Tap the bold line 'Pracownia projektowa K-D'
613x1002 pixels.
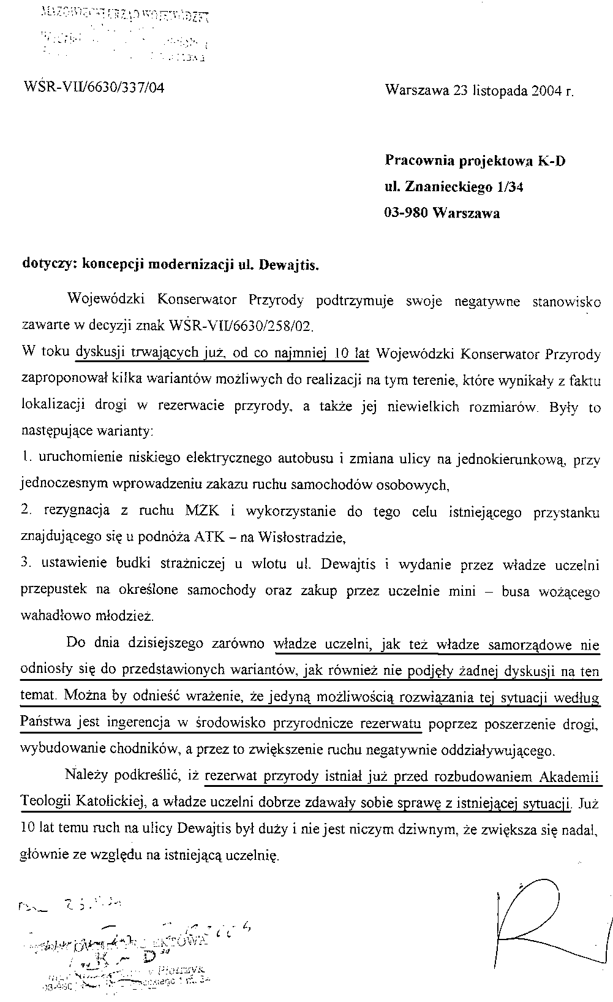point(475,161)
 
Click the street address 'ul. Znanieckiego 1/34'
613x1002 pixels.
point(454,187)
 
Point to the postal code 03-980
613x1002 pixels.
point(407,213)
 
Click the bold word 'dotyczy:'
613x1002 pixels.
point(50,265)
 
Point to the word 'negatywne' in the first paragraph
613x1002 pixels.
point(486,302)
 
